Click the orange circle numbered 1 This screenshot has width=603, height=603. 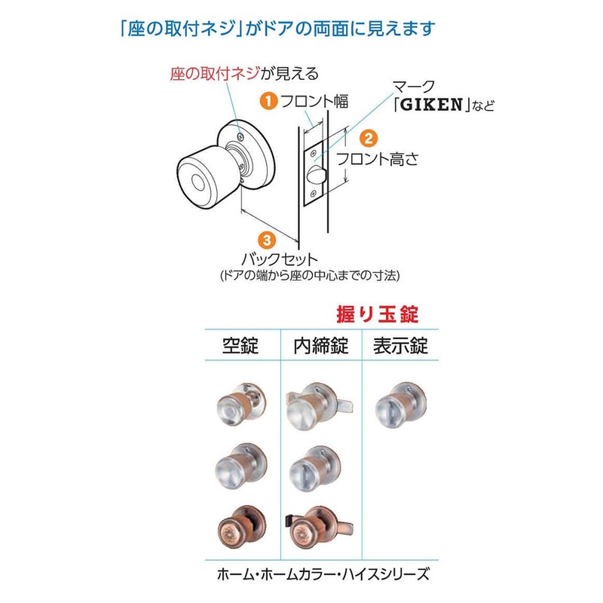coord(268,101)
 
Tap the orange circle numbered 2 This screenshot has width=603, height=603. coord(369,138)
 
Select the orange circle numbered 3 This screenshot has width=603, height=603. coord(267,240)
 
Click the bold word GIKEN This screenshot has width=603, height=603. coord(431,105)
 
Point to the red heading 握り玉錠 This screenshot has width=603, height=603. coord(378,314)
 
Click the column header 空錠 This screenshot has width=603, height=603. coord(240,345)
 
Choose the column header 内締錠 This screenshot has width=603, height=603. coord(321,345)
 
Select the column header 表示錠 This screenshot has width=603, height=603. coord(400,345)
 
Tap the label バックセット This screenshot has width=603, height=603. coord(280,259)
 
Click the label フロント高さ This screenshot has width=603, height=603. coord(378,159)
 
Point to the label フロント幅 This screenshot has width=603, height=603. coord(314,101)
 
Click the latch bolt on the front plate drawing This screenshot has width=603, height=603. coord(316,175)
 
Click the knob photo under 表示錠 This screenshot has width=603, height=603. coord(400,405)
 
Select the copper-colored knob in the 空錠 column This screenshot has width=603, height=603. coord(241,527)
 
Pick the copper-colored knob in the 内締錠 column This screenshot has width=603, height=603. coord(319,528)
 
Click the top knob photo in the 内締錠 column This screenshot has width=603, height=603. coord(319,406)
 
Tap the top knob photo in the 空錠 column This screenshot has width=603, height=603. coord(241,405)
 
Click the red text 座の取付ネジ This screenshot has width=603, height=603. coord(215,73)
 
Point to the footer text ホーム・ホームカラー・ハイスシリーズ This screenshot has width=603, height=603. coord(323,574)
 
